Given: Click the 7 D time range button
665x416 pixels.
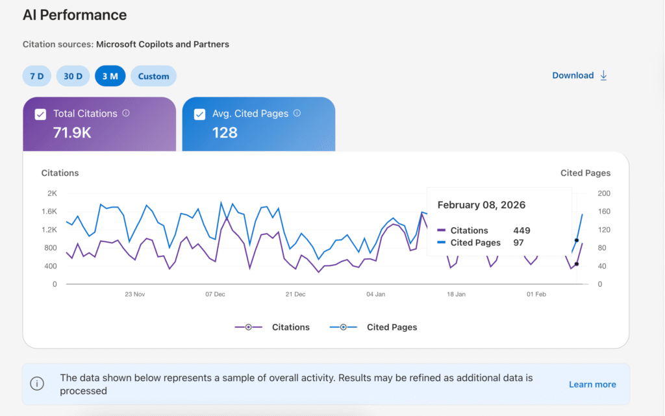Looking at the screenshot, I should (x=36, y=76).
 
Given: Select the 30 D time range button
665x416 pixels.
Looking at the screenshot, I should (x=73, y=76).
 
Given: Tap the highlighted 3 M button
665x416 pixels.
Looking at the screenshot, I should (x=110, y=76).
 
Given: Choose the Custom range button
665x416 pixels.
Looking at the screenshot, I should (x=153, y=76).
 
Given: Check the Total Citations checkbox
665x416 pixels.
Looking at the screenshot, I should (x=40, y=114).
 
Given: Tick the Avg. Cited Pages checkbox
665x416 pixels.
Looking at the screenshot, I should (x=200, y=114).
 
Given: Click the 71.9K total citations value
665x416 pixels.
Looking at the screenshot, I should (x=71, y=133).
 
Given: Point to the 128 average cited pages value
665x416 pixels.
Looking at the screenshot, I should (x=225, y=133).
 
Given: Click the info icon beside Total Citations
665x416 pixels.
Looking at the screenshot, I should (x=126, y=113).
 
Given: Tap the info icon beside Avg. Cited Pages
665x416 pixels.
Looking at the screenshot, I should (x=297, y=113).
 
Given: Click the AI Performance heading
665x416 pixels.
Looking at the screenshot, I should (x=75, y=15).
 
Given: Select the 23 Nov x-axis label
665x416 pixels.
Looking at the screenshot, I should (x=134, y=294).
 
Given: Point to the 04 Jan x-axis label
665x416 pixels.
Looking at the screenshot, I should (x=375, y=294).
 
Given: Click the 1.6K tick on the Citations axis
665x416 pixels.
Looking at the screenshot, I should (x=49, y=212).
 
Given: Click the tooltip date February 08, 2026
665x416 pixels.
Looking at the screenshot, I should (x=481, y=205).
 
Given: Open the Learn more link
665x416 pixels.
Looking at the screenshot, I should (x=592, y=384).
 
